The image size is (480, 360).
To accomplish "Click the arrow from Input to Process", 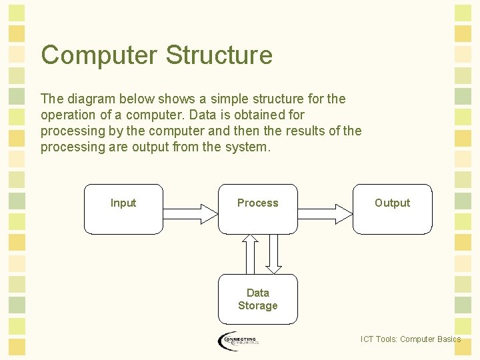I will (x=190, y=213).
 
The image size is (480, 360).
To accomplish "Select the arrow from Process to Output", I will (x=325, y=213).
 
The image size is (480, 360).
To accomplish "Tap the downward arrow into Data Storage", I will (x=273, y=254).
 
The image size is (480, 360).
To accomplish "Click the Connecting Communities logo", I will (x=238, y=341).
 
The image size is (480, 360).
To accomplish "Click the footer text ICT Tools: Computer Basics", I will (x=410, y=339).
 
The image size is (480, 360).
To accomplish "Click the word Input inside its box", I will (x=123, y=203).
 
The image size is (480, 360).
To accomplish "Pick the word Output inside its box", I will (x=392, y=203).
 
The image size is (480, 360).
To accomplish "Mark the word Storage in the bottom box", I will (x=258, y=305).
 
